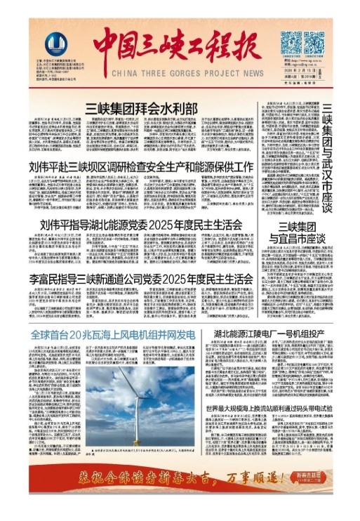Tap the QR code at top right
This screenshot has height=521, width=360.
[294, 44]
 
